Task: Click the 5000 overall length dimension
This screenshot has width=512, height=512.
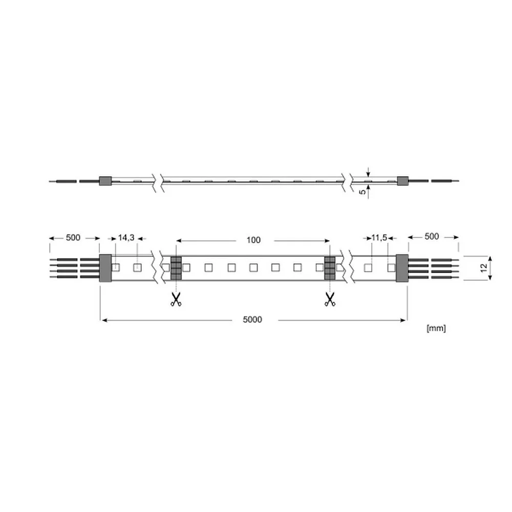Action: [252, 319]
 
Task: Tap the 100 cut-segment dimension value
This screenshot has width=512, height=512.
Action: [253, 240]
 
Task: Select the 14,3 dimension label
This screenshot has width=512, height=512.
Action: [126, 238]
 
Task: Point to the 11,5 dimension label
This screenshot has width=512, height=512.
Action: [379, 238]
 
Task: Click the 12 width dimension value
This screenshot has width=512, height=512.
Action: [484, 268]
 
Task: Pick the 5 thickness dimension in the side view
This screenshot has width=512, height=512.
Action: [363, 192]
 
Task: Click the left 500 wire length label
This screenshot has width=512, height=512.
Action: [73, 238]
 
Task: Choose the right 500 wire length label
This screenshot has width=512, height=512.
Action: [432, 237]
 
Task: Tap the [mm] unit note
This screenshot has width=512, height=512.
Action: [436, 328]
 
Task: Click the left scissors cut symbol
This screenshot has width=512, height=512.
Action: [176, 299]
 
